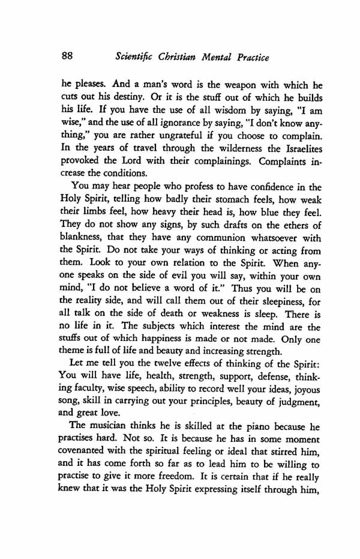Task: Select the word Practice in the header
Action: [246, 58]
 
